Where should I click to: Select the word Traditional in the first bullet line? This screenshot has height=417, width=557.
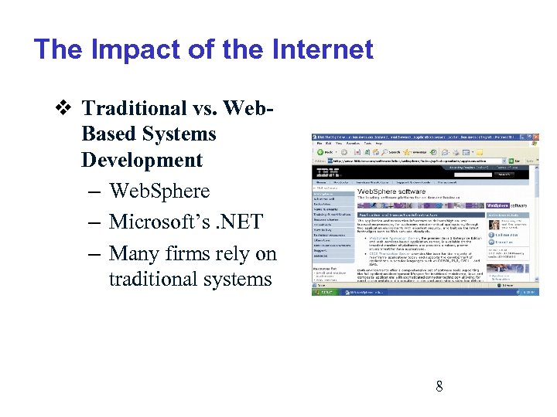135,108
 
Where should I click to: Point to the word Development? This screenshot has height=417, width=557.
142,161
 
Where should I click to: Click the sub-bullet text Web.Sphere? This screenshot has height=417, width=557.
159,191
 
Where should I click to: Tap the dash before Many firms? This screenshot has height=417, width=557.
90,253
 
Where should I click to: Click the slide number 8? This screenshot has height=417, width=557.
439,386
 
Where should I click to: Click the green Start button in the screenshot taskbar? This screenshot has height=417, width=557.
324,292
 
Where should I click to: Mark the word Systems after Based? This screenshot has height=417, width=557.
179,134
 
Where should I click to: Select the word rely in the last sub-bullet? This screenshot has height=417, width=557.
236,253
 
